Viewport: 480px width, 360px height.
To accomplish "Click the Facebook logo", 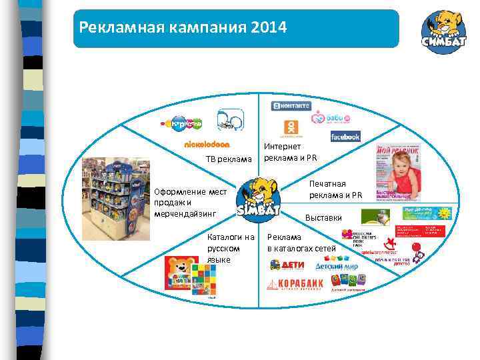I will pos(345,136).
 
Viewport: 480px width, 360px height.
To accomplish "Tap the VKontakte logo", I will pos(291,106).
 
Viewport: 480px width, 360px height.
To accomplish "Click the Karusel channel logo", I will pos(181,123).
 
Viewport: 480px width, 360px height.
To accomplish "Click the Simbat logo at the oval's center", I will pos(257,198).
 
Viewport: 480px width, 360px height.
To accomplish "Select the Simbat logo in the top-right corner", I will pos(443,31).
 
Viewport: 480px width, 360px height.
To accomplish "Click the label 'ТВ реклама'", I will pos(229,159).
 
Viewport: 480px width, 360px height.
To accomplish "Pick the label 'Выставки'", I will pos(323,217).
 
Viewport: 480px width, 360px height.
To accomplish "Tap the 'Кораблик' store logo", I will pos(295,284).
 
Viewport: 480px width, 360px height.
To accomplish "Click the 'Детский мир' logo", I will pos(337,266).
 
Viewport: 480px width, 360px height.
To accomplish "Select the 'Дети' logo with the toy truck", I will pos(287,265).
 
